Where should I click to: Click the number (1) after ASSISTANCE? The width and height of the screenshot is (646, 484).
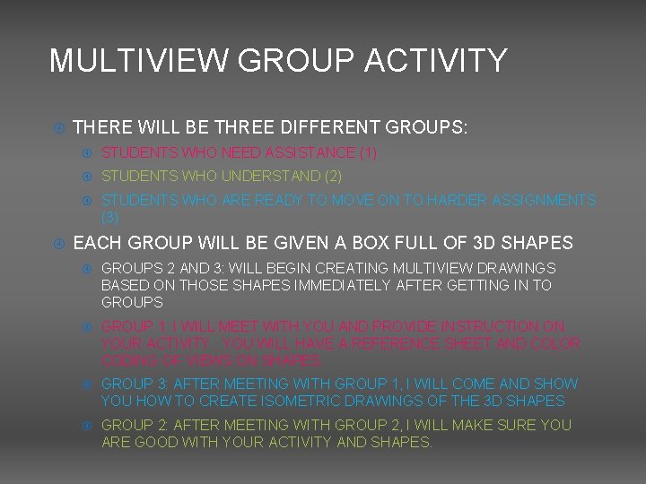(x=369, y=153)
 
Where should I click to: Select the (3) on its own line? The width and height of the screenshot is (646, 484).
(x=110, y=217)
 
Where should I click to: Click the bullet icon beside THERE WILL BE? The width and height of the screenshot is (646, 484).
(x=58, y=128)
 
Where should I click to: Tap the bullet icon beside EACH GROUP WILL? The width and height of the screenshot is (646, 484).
(x=58, y=244)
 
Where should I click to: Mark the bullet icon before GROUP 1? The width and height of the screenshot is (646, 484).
(x=88, y=327)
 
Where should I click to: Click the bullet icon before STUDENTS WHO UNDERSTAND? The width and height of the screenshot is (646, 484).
(x=88, y=177)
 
